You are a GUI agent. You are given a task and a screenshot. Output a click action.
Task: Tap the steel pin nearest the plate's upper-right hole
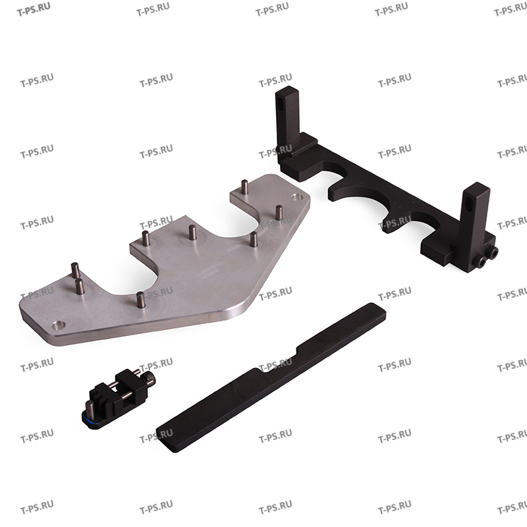tap(279, 213)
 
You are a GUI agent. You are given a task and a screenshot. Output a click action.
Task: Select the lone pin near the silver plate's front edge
tap(141, 300)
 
